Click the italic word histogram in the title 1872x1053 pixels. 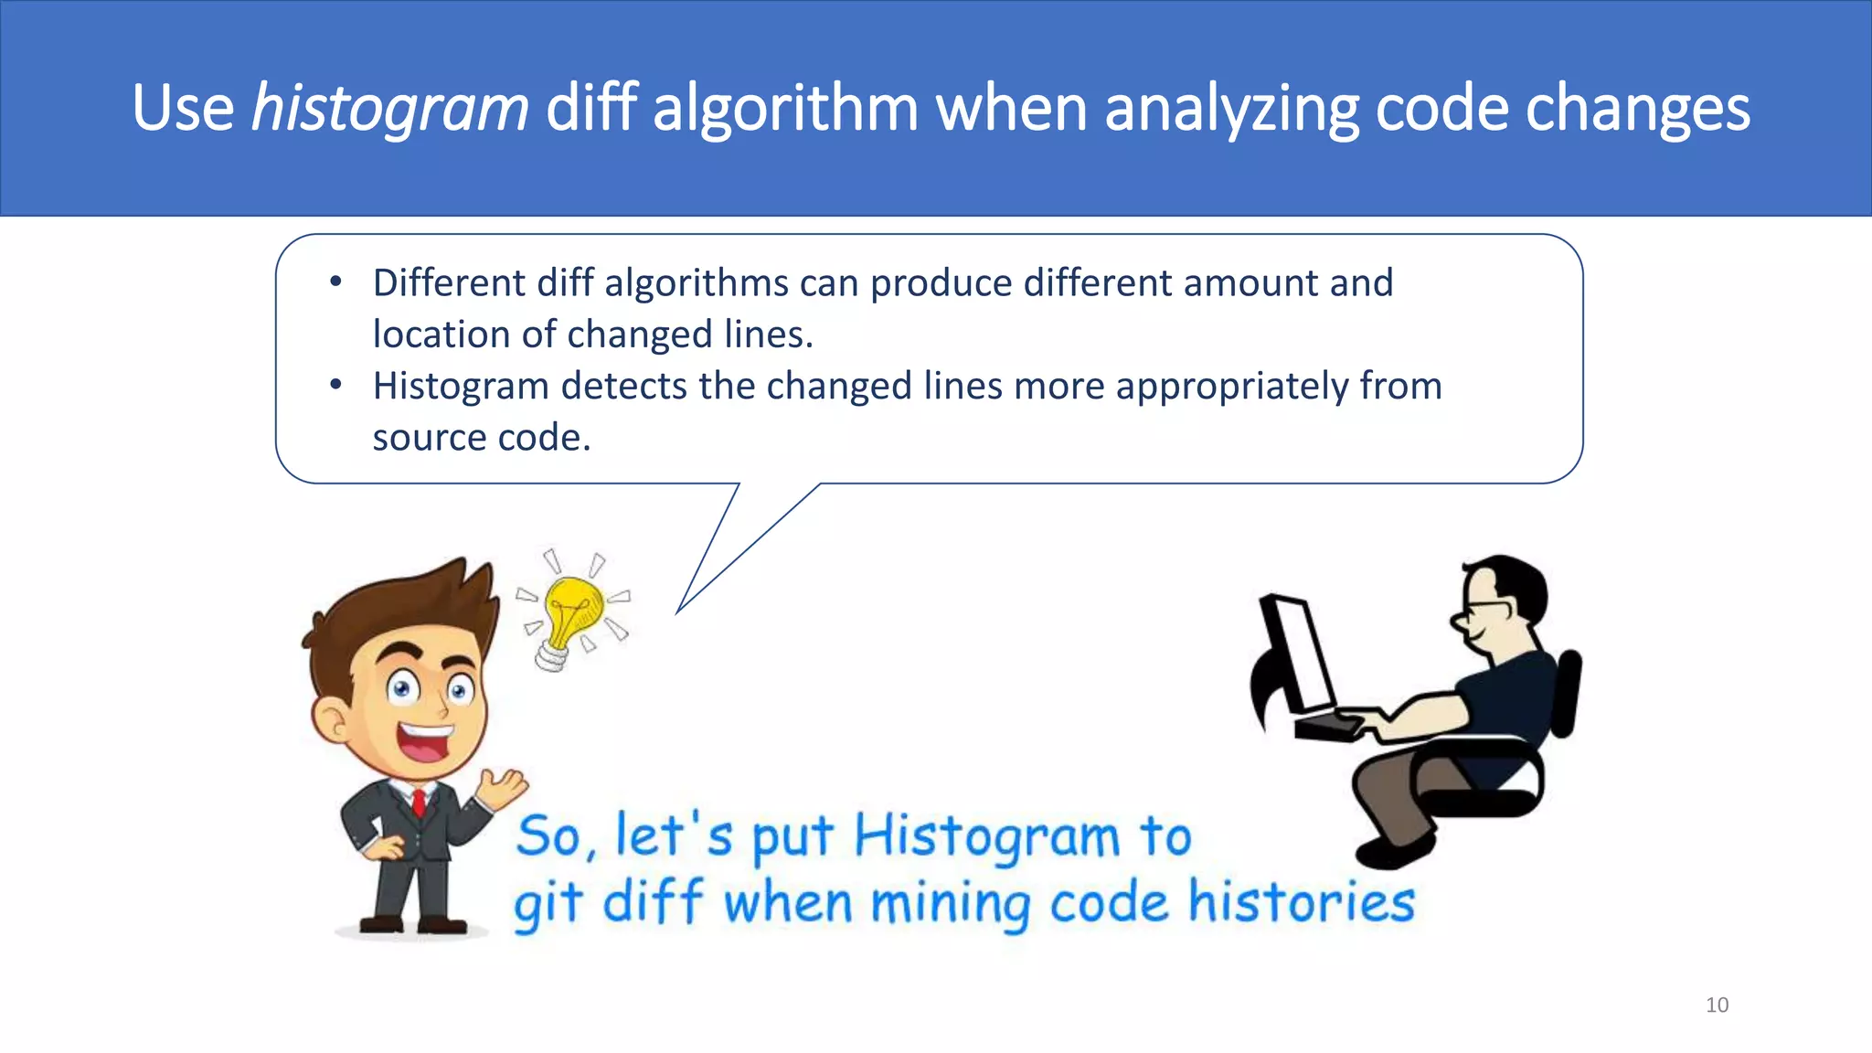pos(390,109)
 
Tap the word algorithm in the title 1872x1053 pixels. pos(785,107)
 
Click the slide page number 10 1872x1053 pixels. pos(1717,1005)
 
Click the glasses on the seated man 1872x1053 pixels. pos(1485,610)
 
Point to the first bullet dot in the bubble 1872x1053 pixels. pos(336,282)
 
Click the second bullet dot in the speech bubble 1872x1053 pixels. pos(336,386)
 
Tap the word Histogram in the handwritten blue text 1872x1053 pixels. pos(987,837)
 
